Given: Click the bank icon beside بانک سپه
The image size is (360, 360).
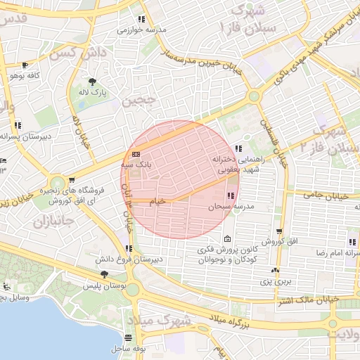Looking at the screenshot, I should click(136, 154).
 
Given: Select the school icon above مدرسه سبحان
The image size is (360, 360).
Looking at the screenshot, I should click(231, 195).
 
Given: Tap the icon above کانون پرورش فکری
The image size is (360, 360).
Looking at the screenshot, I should click(226, 238).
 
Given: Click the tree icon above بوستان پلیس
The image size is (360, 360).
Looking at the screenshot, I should click(104, 274).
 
